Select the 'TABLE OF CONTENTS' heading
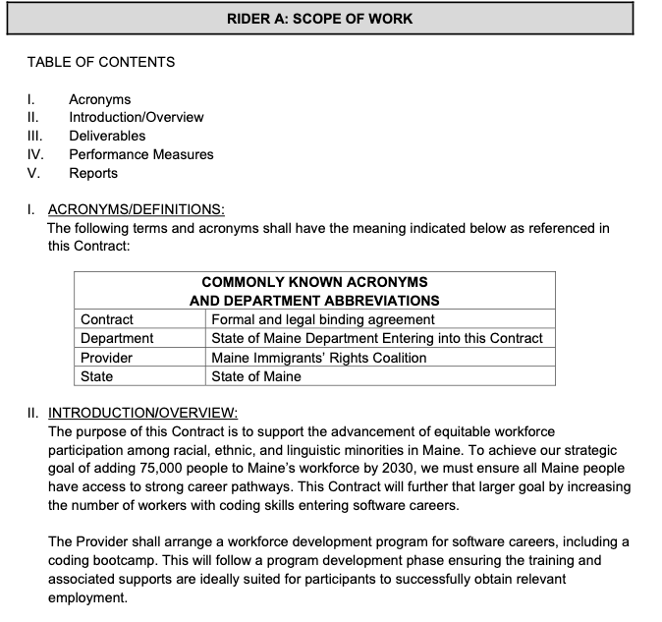point(101,62)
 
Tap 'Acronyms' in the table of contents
point(99,99)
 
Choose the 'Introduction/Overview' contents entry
point(136,117)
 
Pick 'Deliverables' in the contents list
point(106,136)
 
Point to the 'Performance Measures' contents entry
point(140,154)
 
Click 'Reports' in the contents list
point(92,173)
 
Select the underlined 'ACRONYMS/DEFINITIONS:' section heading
point(136,209)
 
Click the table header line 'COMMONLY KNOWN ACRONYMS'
point(314,282)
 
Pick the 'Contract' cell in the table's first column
point(107,319)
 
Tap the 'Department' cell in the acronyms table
point(117,338)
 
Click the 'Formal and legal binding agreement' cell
point(323,319)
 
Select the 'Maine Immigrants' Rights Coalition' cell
point(319,358)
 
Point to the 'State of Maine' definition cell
point(256,376)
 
